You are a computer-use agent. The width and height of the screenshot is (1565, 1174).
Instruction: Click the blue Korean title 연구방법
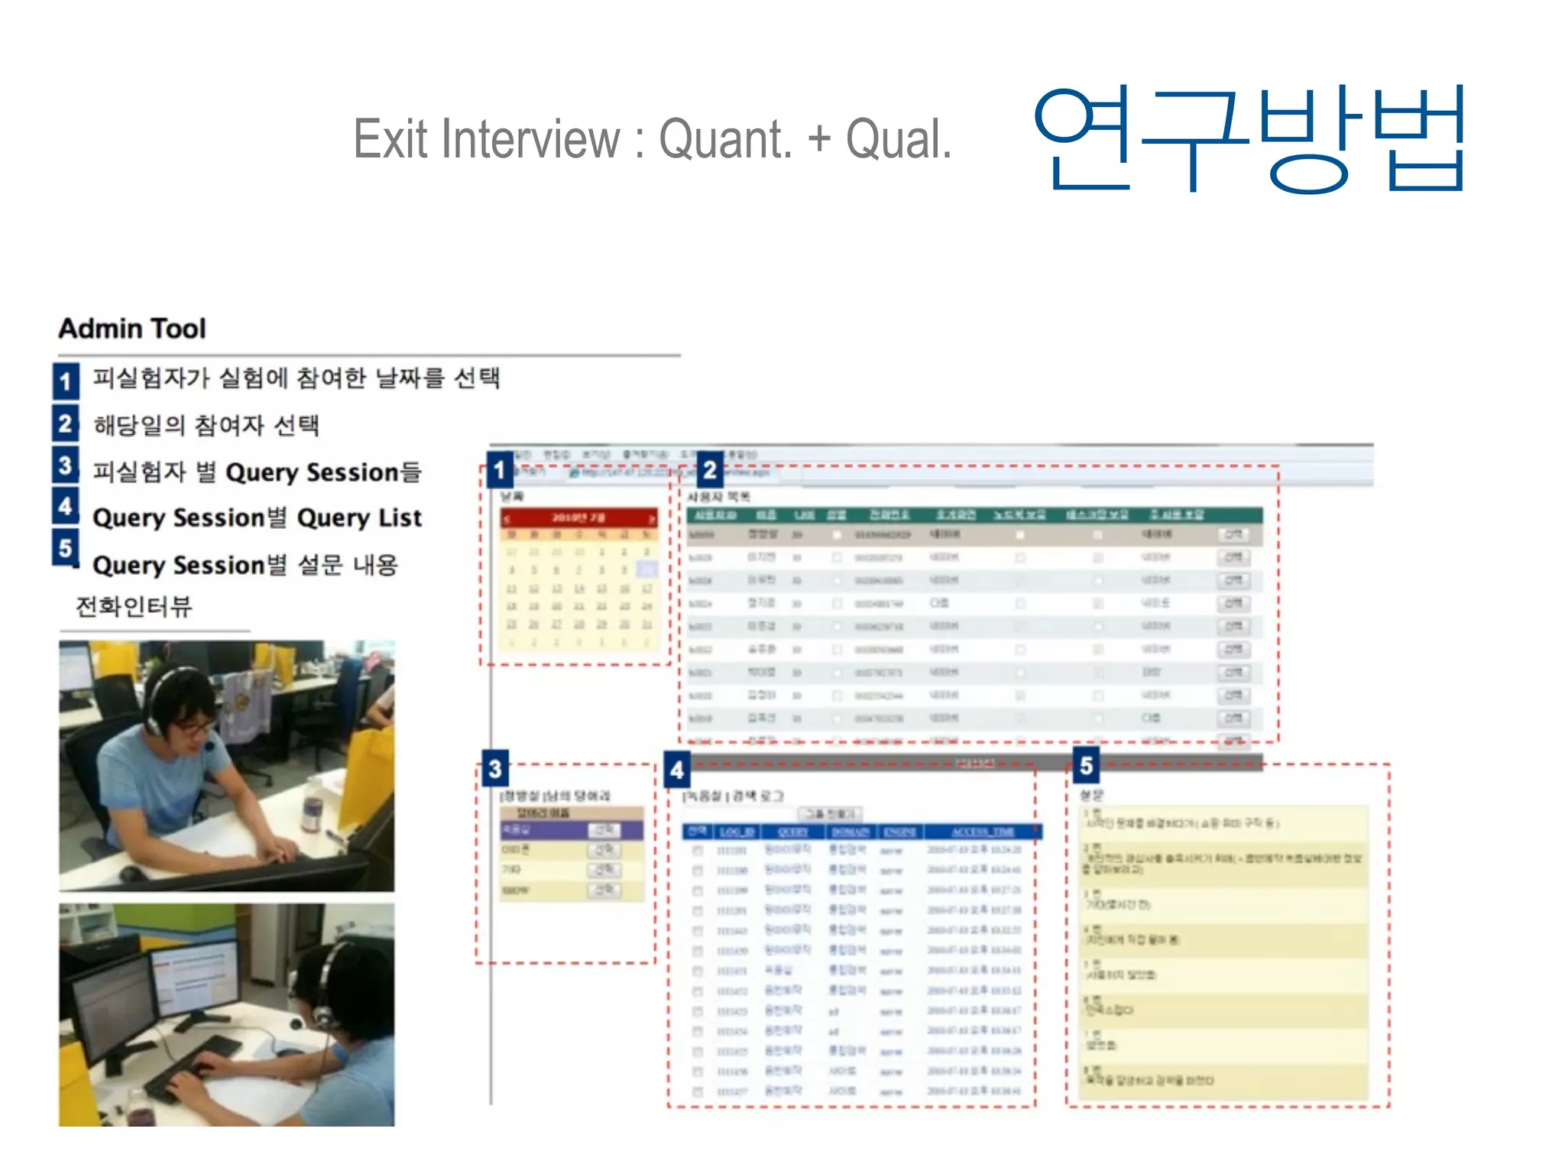tap(1249, 139)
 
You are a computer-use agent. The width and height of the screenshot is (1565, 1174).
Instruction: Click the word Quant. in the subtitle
tap(726, 139)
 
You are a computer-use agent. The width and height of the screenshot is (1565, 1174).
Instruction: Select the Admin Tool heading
tap(132, 329)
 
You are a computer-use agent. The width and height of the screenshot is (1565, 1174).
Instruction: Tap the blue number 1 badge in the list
tap(66, 381)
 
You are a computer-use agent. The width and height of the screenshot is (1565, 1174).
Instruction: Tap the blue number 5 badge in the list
tap(66, 548)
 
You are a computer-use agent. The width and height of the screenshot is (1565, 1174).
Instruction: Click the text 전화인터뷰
tap(134, 607)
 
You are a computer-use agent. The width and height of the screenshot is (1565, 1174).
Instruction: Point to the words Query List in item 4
tap(359, 518)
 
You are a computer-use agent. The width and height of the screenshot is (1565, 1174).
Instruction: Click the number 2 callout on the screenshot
tap(710, 469)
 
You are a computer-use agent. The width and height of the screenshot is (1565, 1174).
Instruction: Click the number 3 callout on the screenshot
tap(495, 768)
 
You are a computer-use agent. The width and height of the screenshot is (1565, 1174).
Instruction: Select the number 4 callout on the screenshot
tap(677, 770)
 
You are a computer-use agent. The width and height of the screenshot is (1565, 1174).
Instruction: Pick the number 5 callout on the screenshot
tap(1086, 765)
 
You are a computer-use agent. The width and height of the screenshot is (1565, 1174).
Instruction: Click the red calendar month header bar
tap(578, 517)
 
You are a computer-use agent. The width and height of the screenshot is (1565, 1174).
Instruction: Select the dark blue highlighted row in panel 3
tap(572, 829)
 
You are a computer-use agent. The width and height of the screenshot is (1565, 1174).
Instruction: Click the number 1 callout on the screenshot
tap(500, 469)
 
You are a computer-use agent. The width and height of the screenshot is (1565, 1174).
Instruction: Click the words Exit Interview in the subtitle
tap(486, 139)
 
